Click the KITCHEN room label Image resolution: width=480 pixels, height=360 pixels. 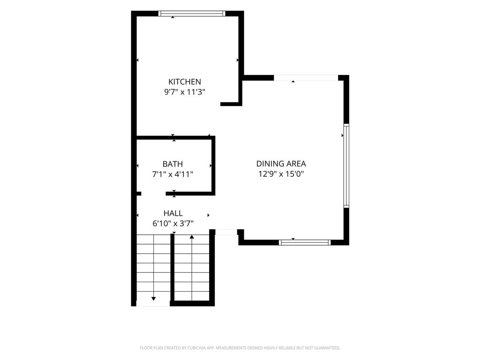coord(185,82)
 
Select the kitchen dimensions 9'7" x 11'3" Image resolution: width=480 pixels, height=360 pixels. coord(185,92)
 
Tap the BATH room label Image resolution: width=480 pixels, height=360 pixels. coord(172,164)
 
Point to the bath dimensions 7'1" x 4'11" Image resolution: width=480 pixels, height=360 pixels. coord(172,174)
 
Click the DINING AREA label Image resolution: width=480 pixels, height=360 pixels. coord(281,164)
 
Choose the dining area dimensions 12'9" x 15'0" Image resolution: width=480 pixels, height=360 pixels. coord(281,174)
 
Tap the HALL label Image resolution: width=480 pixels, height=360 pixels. coord(173,213)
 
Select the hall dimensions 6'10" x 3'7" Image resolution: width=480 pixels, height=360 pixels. coord(173,224)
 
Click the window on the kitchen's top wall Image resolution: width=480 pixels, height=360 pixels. coord(192,14)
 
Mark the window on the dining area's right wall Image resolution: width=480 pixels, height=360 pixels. coord(346,165)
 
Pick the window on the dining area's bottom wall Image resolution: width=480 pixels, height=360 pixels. coord(305,242)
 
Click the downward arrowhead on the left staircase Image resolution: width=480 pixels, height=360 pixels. coord(153,299)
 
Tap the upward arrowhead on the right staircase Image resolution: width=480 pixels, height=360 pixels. coord(192,237)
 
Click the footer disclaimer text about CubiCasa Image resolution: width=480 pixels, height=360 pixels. coord(240,348)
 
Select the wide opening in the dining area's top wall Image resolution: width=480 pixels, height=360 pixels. coord(306,78)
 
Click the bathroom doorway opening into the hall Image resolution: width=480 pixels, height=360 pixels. coord(153,194)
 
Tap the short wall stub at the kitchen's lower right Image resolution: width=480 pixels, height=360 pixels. coord(231,104)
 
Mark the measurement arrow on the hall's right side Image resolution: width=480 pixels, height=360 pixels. coord(209,215)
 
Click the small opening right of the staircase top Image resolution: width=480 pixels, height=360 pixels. coord(226,232)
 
